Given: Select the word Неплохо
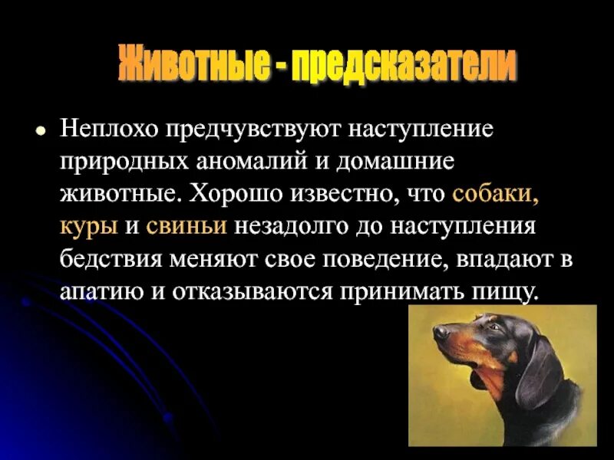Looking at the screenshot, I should pos(106,128).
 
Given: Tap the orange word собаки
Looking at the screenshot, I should pos(495,193).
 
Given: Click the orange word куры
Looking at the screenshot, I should pos(89,226).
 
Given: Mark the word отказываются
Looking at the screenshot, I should pos(264,292).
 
